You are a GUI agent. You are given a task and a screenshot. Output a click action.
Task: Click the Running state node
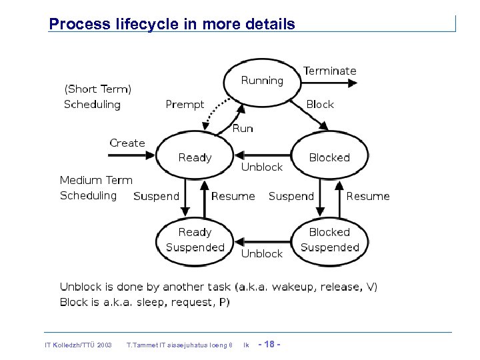pos(262,81)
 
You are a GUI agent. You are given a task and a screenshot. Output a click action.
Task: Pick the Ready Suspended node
pos(195,240)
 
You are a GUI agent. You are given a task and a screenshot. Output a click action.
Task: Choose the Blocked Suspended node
pos(329,240)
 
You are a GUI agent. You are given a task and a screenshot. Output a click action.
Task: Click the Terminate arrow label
pos(329,71)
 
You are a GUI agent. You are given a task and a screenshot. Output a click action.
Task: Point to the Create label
pos(127,143)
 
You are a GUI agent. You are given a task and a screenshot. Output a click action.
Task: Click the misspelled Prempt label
pos(185,105)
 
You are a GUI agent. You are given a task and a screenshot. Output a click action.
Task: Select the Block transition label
pos(320,105)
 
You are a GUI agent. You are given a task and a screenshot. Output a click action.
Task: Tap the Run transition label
pos(243,129)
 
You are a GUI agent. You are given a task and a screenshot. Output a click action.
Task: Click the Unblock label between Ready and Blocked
pos(261,167)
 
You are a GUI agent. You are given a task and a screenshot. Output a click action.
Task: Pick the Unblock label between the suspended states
pos(261,254)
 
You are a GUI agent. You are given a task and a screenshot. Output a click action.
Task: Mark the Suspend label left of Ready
pos(156,196)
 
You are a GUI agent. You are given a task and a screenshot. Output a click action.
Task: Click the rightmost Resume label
pos(368,196)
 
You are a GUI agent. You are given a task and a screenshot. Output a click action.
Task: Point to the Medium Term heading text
pos(96,180)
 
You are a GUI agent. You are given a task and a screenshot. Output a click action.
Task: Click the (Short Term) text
pos(97,89)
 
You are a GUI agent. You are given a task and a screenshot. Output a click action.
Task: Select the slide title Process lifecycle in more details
pos(172,25)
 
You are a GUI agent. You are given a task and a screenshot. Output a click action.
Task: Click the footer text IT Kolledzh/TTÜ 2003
pos(77,345)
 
